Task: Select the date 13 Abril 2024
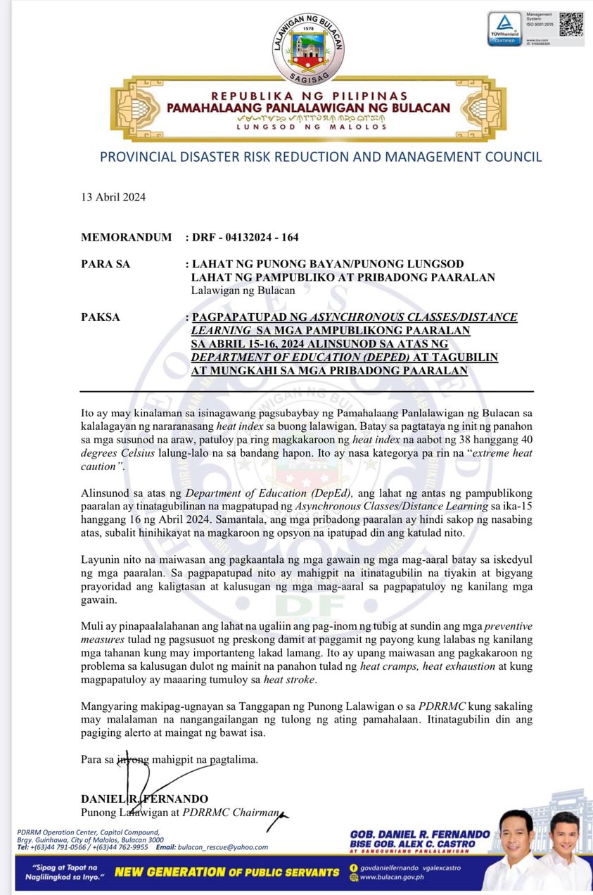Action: click(113, 197)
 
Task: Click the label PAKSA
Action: click(101, 317)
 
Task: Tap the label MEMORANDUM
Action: click(126, 237)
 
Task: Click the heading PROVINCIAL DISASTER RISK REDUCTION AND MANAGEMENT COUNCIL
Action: click(321, 157)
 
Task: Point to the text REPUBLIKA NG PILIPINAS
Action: click(309, 96)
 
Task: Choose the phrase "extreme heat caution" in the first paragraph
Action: click(492, 459)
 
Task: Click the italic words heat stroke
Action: click(290, 680)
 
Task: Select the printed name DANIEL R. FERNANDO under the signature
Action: click(144, 799)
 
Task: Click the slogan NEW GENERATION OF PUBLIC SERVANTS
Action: click(227, 872)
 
